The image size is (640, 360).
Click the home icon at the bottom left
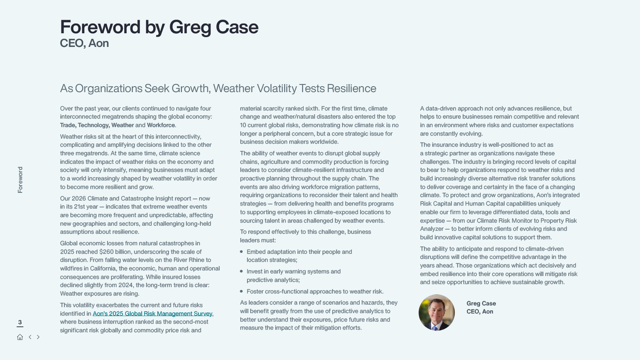20,337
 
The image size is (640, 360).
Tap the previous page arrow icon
30,337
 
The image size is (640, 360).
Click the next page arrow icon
38,337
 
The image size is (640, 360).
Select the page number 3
20,322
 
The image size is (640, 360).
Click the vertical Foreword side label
20,180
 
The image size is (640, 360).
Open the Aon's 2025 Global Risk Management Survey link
152,314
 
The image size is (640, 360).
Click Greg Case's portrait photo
436,313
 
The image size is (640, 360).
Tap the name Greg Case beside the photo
481,303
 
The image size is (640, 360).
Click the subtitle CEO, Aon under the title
84,43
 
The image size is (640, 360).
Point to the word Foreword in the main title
100,27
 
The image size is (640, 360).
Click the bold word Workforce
161,125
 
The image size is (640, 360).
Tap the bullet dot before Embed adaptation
241,252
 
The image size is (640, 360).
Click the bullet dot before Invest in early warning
241,271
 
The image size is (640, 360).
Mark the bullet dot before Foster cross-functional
241,291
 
